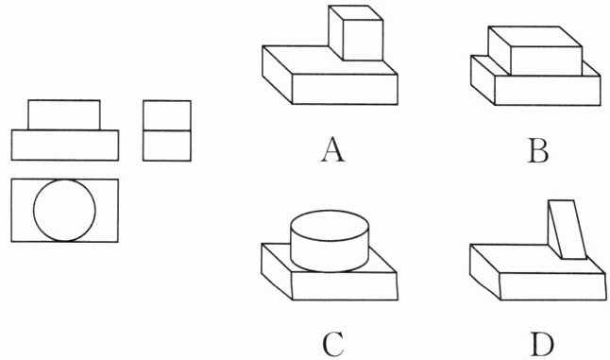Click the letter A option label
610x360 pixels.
pyautogui.click(x=332, y=150)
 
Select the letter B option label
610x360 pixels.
pyautogui.click(x=538, y=150)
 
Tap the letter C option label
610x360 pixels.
pyautogui.click(x=333, y=345)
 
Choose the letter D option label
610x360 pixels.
pyautogui.click(x=542, y=345)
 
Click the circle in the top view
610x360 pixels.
pyautogui.click(x=33, y=210)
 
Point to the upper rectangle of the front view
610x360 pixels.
pyautogui.click(x=64, y=115)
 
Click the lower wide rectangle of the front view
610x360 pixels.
pyautogui.click(x=65, y=146)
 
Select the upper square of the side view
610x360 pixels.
pyautogui.click(x=167, y=115)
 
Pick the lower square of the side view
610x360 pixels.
pyautogui.click(x=167, y=146)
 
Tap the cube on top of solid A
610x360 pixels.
pyautogui.click(x=356, y=33)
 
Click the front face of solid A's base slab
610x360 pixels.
pyautogui.click(x=345, y=89)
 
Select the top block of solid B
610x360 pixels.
pyautogui.click(x=534, y=51)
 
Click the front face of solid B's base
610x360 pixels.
pyautogui.click(x=548, y=90)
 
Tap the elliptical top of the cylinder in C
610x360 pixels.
pyautogui.click(x=330, y=226)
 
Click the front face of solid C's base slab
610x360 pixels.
pyautogui.click(x=345, y=286)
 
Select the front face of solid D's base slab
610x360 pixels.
pyautogui.click(x=552, y=286)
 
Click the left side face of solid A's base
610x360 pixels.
pyautogui.click(x=277, y=75)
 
